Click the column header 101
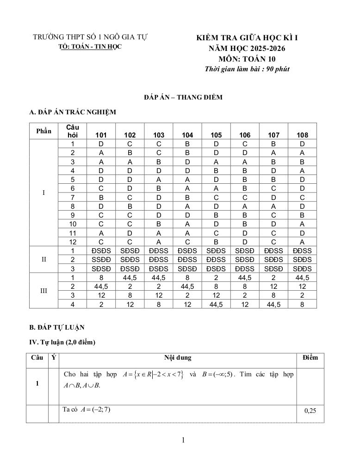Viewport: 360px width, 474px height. (x=101, y=135)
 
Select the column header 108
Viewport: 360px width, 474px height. (x=302, y=135)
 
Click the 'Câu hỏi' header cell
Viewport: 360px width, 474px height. (x=73, y=131)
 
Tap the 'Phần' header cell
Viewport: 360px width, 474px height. (x=43, y=131)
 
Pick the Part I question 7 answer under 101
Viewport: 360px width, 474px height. (x=101, y=197)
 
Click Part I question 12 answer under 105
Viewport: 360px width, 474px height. (x=216, y=242)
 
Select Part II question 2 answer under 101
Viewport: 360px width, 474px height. (x=101, y=260)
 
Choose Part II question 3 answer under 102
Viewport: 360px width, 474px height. (x=130, y=268)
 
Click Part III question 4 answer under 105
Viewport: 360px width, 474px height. (x=216, y=304)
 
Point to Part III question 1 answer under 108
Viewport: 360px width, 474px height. (x=302, y=277)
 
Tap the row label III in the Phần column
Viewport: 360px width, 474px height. (x=43, y=291)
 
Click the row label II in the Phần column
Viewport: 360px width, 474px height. (x=43, y=260)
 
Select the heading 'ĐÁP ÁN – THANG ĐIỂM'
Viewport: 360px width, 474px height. (x=183, y=97)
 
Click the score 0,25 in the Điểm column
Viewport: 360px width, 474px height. (x=310, y=410)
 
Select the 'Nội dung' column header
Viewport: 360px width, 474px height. (x=178, y=358)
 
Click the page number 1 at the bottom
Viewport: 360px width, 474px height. (x=183, y=440)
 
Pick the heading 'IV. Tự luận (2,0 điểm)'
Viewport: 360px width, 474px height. (x=62, y=343)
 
